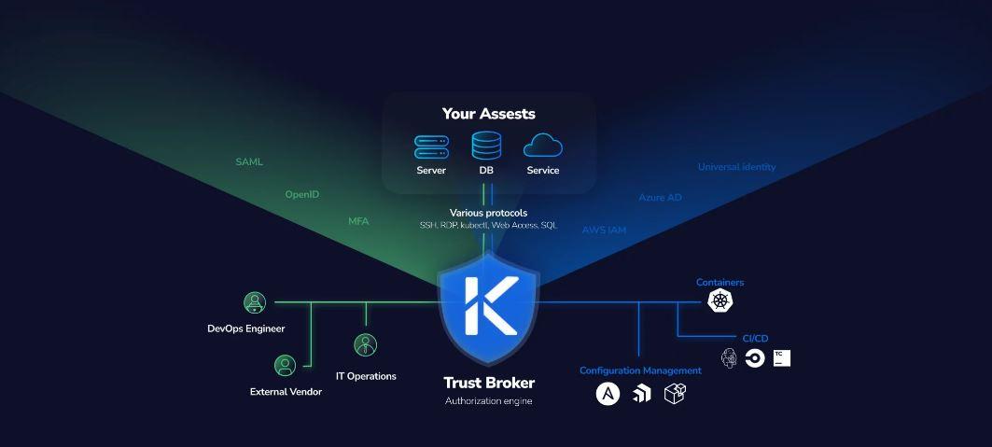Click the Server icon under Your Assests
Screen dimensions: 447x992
pyautogui.click(x=431, y=147)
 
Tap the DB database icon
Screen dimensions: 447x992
pyautogui.click(x=486, y=146)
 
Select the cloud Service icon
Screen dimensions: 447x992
pyautogui.click(x=543, y=147)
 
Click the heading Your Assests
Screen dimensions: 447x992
pyautogui.click(x=489, y=114)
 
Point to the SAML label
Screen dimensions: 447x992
pyautogui.click(x=249, y=162)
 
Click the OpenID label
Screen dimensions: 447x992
pyautogui.click(x=302, y=195)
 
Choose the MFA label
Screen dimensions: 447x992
pyautogui.click(x=359, y=222)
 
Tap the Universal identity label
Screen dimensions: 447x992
pyautogui.click(x=736, y=168)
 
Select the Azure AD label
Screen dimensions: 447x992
pyautogui.click(x=660, y=198)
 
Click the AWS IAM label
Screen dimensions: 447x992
pyautogui.click(x=604, y=230)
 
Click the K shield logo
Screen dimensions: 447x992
pyautogui.click(x=489, y=303)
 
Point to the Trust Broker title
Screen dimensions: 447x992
pyautogui.click(x=489, y=383)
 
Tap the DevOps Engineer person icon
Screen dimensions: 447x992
pyautogui.click(x=255, y=302)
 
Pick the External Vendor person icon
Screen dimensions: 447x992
pyautogui.click(x=285, y=366)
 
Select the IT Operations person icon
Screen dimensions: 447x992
pyautogui.click(x=366, y=345)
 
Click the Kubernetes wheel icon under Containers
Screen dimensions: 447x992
pyautogui.click(x=720, y=300)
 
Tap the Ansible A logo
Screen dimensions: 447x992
pyautogui.click(x=608, y=394)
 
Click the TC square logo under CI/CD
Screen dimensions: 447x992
pyautogui.click(x=781, y=357)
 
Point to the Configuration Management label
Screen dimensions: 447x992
pyautogui.click(x=640, y=370)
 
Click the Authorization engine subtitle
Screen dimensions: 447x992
pyautogui.click(x=489, y=401)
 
